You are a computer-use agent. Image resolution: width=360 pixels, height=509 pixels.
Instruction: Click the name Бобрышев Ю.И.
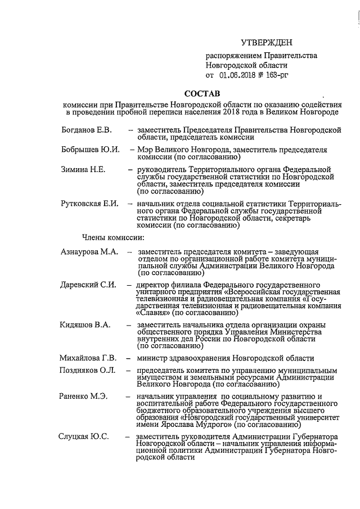90,150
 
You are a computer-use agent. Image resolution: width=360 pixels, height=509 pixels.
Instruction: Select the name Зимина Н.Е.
83,170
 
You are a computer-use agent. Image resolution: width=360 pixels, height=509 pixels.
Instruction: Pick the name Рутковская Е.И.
89,203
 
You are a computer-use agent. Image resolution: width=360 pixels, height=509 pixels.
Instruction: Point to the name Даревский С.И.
88,285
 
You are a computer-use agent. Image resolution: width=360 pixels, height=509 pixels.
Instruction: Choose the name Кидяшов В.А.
85,325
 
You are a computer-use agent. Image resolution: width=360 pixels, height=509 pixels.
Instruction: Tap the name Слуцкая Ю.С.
84,436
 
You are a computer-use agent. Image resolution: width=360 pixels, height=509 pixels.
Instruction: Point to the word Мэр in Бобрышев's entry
139,150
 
